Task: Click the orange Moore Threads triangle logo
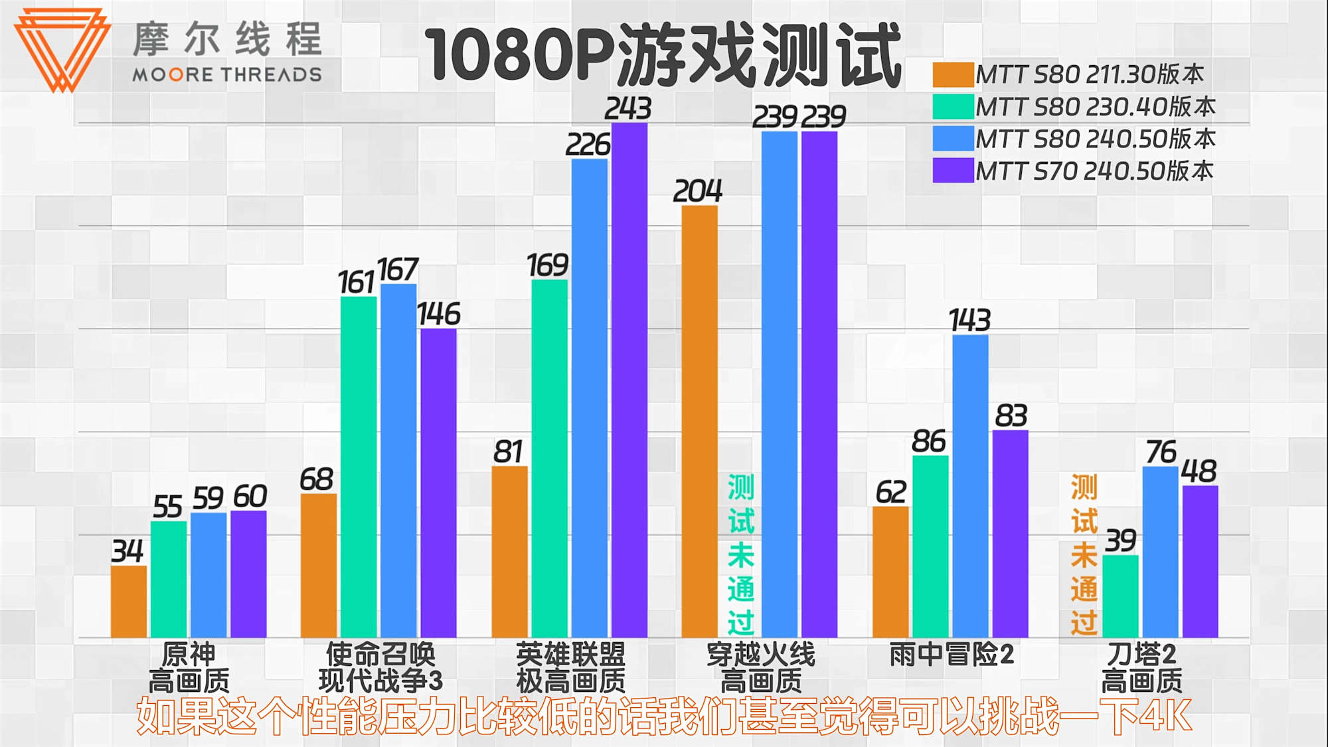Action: pyautogui.click(x=62, y=48)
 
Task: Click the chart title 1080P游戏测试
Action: pyautogui.click(x=662, y=54)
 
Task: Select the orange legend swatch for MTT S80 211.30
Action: pyautogui.click(x=953, y=74)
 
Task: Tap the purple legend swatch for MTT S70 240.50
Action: pyautogui.click(x=953, y=171)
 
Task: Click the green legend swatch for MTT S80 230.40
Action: pyautogui.click(x=953, y=106)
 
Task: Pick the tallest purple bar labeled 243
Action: pyautogui.click(x=629, y=378)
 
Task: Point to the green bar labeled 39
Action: pyautogui.click(x=1120, y=596)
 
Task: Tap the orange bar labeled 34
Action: pyautogui.click(x=128, y=602)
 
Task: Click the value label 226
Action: pyautogui.click(x=588, y=145)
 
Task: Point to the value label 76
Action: pyautogui.click(x=1161, y=452)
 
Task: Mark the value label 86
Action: pyautogui.click(x=928, y=442)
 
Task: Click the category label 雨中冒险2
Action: pyautogui.click(x=951, y=655)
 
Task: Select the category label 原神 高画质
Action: pyautogui.click(x=189, y=667)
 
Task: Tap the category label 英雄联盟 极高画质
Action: pyautogui.click(x=570, y=667)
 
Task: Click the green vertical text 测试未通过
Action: pyautogui.click(x=740, y=554)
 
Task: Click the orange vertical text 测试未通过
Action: pyautogui.click(x=1084, y=554)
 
